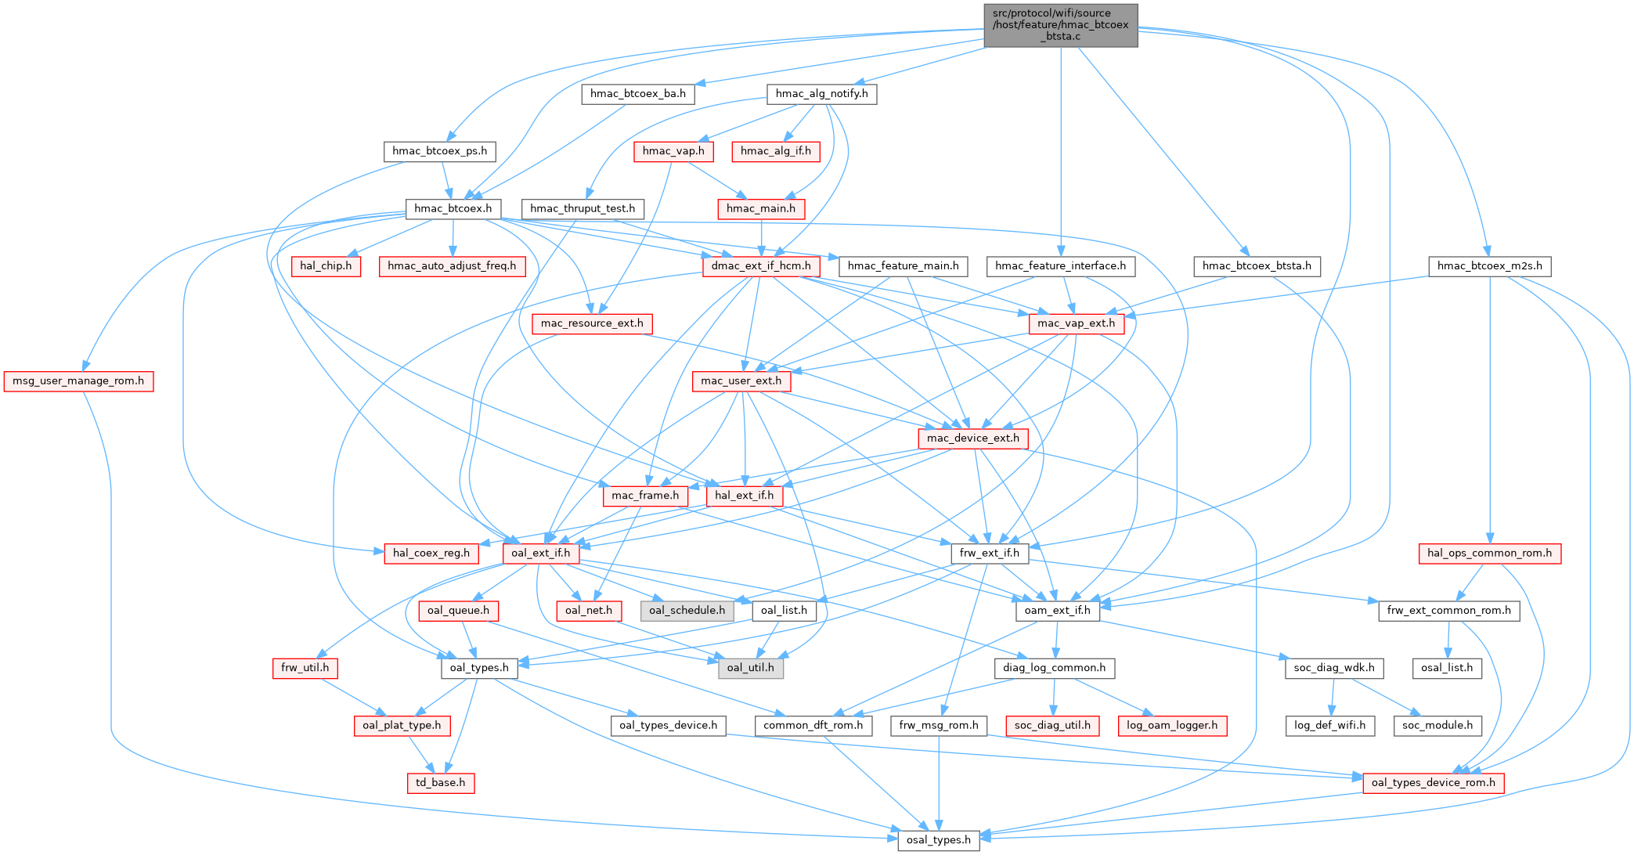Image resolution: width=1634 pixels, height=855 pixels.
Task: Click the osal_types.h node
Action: pyautogui.click(x=938, y=840)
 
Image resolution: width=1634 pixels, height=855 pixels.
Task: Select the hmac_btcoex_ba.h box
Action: pyautogui.click(x=637, y=94)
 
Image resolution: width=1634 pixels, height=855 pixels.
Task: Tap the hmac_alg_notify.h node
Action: pyautogui.click(x=821, y=94)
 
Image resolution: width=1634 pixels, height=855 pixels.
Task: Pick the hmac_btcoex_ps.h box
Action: pyautogui.click(x=439, y=151)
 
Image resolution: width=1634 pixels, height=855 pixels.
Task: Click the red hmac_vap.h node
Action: pyautogui.click(x=673, y=151)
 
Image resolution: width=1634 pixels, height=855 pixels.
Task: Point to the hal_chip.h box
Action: pyautogui.click(x=326, y=266)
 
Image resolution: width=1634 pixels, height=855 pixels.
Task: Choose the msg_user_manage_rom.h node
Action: pyautogui.click(x=78, y=381)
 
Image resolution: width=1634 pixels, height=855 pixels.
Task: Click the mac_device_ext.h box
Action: pyautogui.click(x=972, y=438)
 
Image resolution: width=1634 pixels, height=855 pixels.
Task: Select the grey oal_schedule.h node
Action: pyautogui.click(x=687, y=611)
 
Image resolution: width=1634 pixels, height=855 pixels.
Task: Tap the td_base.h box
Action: pyautogui.click(x=440, y=783)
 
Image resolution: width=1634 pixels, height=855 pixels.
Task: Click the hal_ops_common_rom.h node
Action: pyautogui.click(x=1489, y=554)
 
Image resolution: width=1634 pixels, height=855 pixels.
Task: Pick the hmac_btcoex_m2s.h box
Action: pyautogui.click(x=1489, y=266)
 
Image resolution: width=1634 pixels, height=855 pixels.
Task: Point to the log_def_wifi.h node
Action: pyautogui.click(x=1329, y=726)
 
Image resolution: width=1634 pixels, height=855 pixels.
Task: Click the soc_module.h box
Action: pyautogui.click(x=1437, y=726)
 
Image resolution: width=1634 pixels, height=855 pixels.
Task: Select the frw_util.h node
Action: pyautogui.click(x=305, y=668)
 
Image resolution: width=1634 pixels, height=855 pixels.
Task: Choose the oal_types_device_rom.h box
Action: pyautogui.click(x=1433, y=783)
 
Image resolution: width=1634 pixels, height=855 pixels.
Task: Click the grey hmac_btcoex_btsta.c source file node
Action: pyautogui.click(x=1060, y=25)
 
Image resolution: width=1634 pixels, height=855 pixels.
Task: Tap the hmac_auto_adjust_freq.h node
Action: pyautogui.click(x=452, y=266)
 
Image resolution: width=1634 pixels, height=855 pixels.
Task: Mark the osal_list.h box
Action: pyautogui.click(x=1447, y=668)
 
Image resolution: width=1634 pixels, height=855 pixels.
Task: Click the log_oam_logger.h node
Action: pyautogui.click(x=1172, y=726)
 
